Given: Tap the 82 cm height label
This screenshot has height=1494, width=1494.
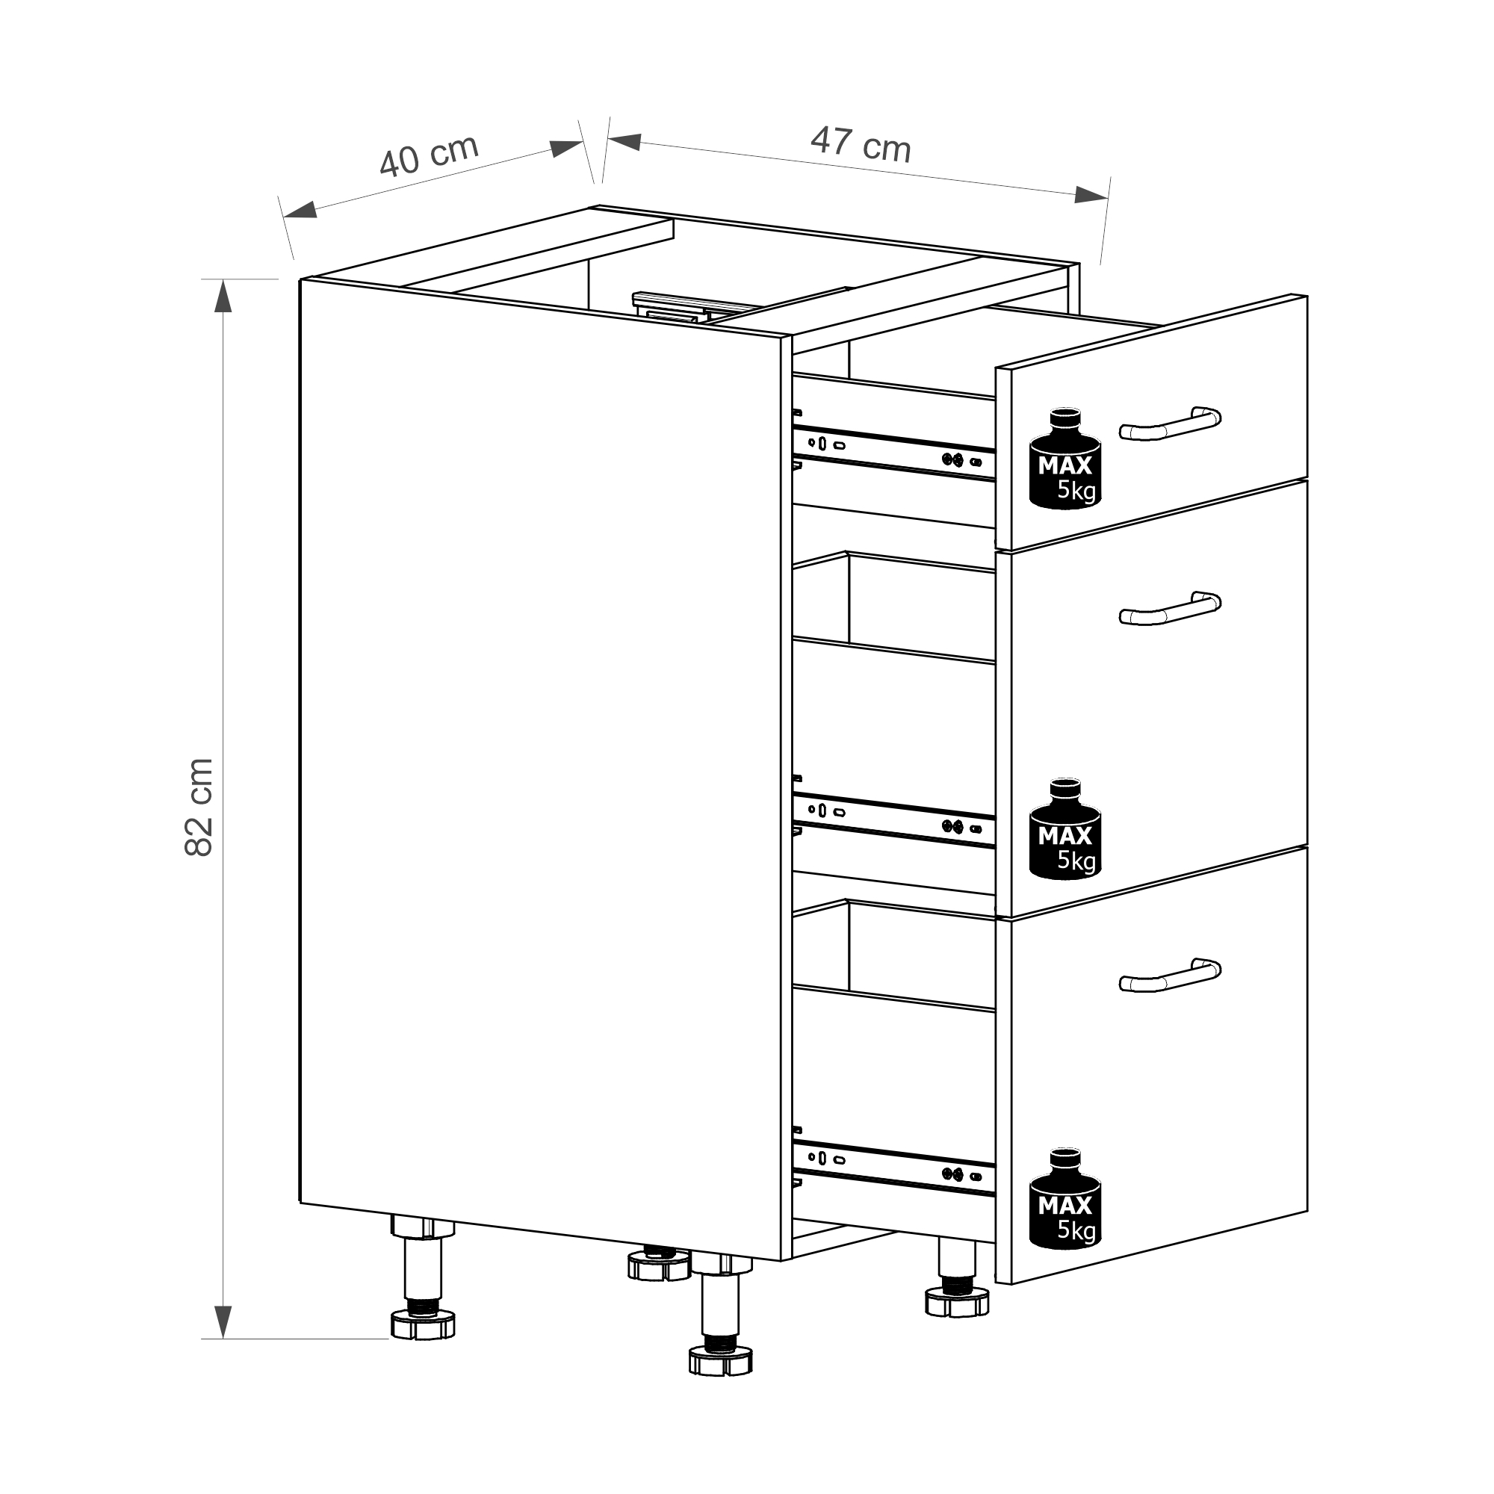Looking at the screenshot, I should (199, 807).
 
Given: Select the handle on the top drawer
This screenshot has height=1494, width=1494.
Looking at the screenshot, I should (1169, 423).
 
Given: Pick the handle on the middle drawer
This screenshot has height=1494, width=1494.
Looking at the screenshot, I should (1169, 609).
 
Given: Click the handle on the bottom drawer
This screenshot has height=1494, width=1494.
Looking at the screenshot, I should (1169, 974).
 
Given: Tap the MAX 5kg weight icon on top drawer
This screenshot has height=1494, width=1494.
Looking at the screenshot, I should (1064, 459).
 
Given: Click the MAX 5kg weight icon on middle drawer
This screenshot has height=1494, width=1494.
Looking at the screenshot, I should (1064, 829).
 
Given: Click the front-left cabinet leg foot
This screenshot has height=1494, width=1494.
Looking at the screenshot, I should (422, 1324).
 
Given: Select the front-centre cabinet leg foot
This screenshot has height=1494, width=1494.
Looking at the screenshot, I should (720, 1362).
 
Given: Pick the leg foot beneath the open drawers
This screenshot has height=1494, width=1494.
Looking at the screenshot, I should (957, 1302).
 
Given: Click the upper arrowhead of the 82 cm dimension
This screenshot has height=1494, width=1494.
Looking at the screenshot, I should (223, 296).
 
